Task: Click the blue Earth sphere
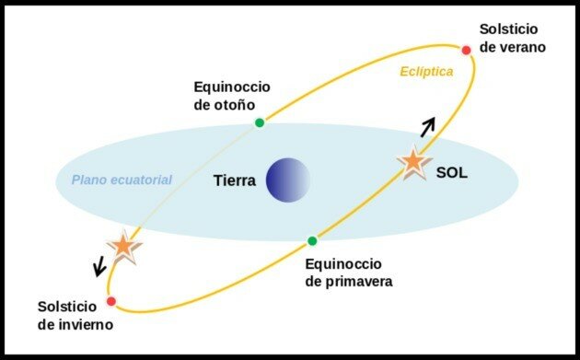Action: coord(289,180)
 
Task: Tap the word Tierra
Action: coord(234,180)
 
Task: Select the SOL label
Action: coord(453,172)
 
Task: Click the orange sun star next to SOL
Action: coord(413,162)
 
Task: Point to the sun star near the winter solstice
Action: coord(122,245)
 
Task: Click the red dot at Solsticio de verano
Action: coord(466,50)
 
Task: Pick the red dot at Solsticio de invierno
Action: coord(111,301)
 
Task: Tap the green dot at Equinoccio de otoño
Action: coord(260,122)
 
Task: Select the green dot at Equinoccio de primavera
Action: coord(312,241)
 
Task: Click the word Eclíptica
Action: coord(426,71)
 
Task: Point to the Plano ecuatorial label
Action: coord(122,180)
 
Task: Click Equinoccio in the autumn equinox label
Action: coord(231,87)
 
